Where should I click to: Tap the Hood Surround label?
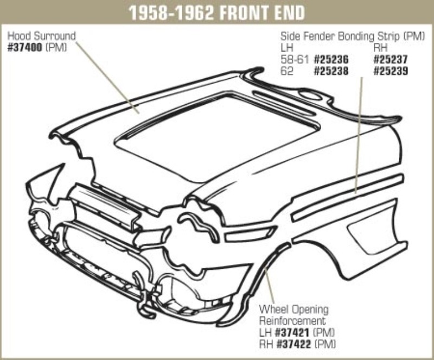41,36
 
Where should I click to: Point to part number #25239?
391,71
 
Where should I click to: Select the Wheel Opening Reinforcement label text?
293,315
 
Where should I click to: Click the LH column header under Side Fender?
286,48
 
